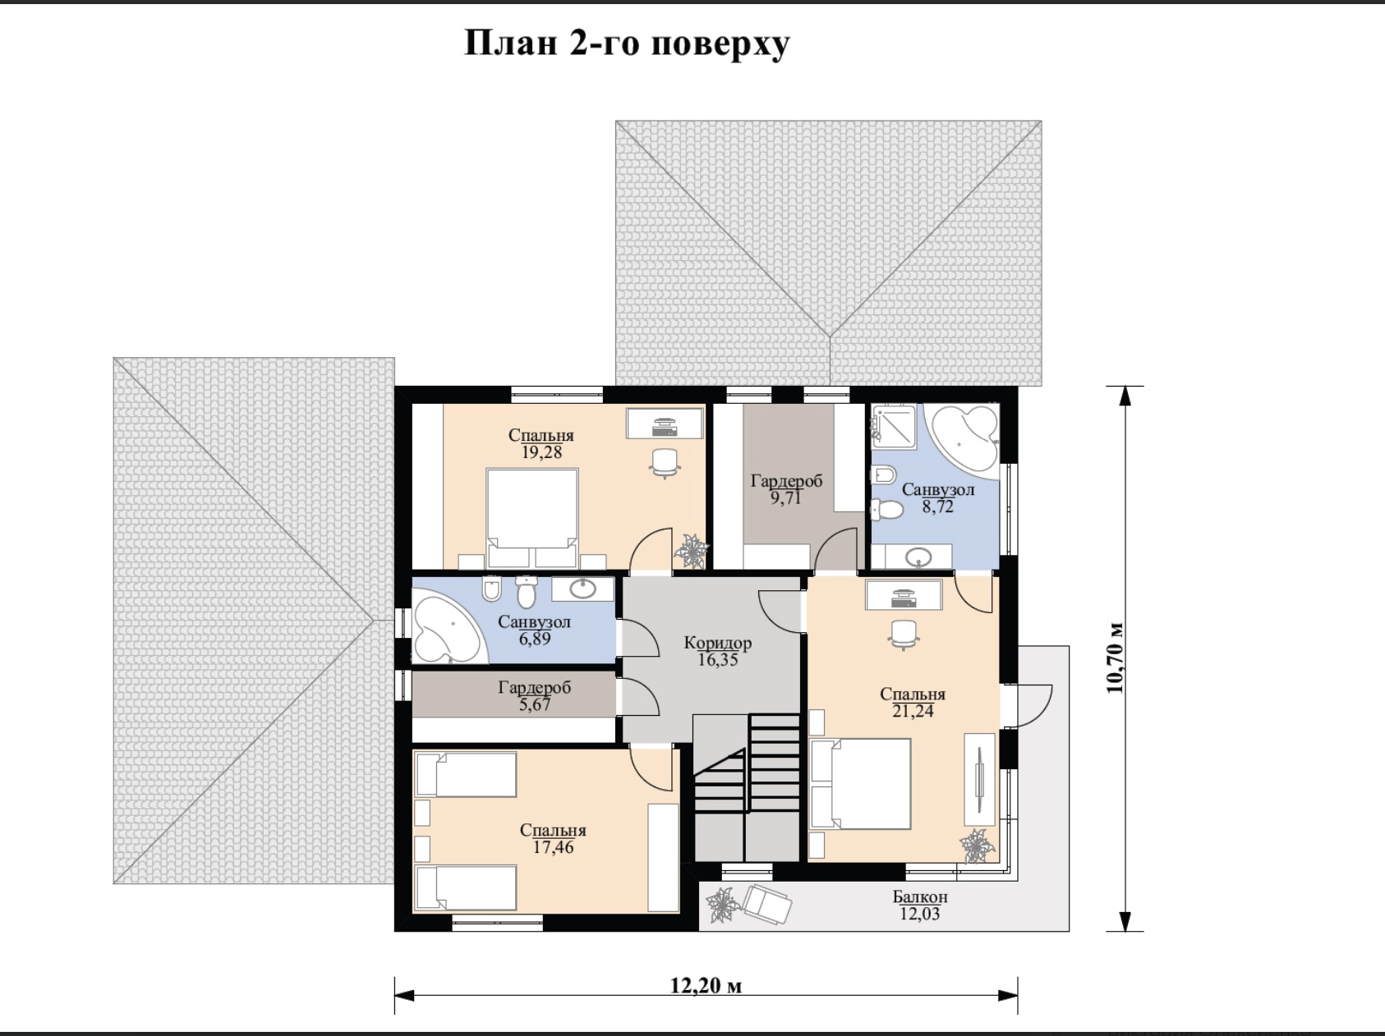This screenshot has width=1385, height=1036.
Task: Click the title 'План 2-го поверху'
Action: click(627, 44)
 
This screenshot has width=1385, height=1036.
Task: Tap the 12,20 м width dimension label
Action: click(706, 985)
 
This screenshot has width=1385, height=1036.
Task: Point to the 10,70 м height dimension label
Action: click(1115, 658)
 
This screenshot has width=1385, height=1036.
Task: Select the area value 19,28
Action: click(541, 452)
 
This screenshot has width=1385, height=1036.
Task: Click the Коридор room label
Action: click(718, 643)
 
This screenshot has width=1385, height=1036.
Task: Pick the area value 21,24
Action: click(913, 711)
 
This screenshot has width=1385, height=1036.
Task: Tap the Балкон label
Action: click(920, 896)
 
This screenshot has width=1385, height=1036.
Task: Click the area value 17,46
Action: click(553, 847)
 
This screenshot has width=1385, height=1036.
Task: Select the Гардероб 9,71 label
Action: click(786, 489)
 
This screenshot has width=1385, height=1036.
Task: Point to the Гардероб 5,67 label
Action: click(534, 695)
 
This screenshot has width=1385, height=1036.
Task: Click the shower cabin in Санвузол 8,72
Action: click(893, 426)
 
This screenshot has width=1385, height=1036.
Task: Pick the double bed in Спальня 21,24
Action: click(860, 784)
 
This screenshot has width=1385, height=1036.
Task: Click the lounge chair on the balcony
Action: click(766, 905)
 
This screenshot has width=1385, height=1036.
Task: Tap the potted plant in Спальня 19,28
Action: click(692, 551)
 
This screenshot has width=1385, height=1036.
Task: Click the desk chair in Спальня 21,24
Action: click(904, 635)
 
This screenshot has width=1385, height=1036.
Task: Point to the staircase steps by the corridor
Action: click(747, 763)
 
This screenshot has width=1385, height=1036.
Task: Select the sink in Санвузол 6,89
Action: click(583, 589)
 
